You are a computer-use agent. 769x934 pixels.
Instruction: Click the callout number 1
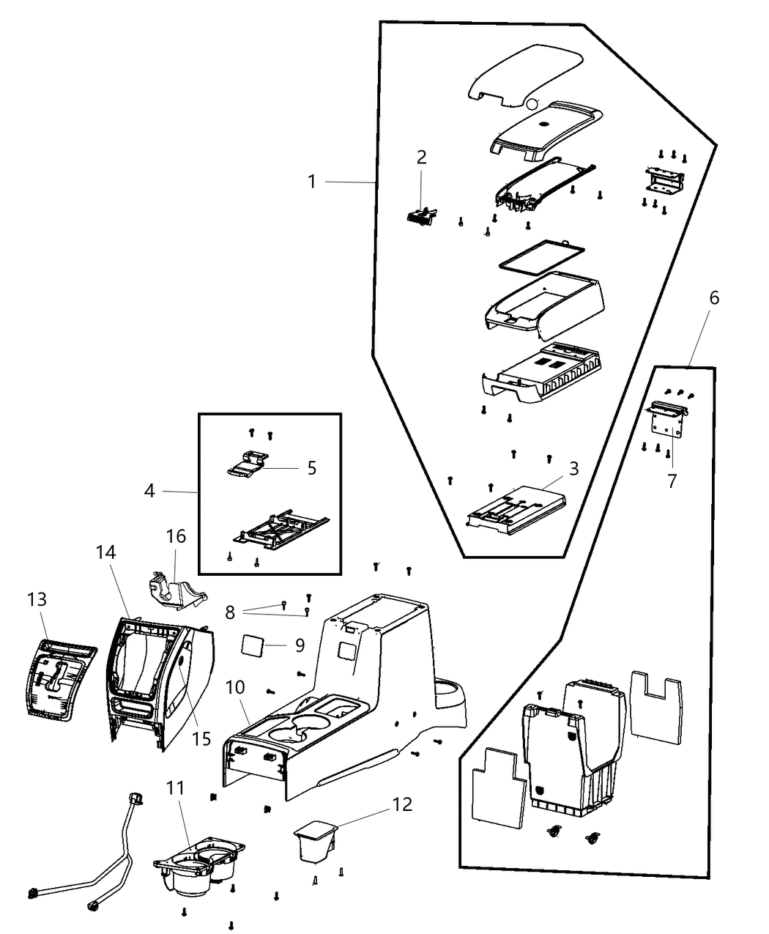(312, 181)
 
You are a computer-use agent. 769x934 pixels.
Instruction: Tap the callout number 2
(421, 157)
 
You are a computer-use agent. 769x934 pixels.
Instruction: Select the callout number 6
(714, 298)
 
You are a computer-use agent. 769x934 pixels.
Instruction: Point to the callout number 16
(176, 536)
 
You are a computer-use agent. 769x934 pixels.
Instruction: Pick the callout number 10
(236, 689)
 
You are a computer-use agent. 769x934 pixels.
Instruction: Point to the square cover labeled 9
(253, 646)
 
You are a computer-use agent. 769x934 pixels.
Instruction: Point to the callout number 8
(230, 612)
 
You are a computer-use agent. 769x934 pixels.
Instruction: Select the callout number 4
(149, 491)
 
